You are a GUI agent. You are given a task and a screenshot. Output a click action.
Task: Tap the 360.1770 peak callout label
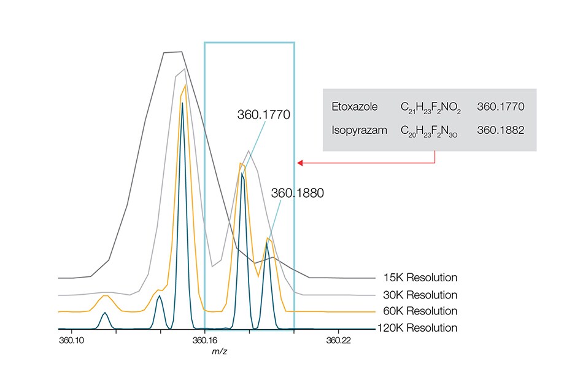click(263, 114)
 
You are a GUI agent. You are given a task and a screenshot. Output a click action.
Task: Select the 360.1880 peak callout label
click(298, 193)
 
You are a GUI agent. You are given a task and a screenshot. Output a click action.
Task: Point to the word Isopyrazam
click(354, 130)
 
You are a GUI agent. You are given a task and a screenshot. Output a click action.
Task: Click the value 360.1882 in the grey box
click(501, 130)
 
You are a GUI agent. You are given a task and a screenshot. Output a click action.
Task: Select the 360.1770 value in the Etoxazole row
click(501, 107)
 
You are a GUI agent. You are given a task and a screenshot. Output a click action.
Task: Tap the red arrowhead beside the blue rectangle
click(300, 163)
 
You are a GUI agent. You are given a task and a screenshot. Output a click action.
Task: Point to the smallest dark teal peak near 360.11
click(105, 313)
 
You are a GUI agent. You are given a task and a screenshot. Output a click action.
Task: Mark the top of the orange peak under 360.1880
click(268, 238)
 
